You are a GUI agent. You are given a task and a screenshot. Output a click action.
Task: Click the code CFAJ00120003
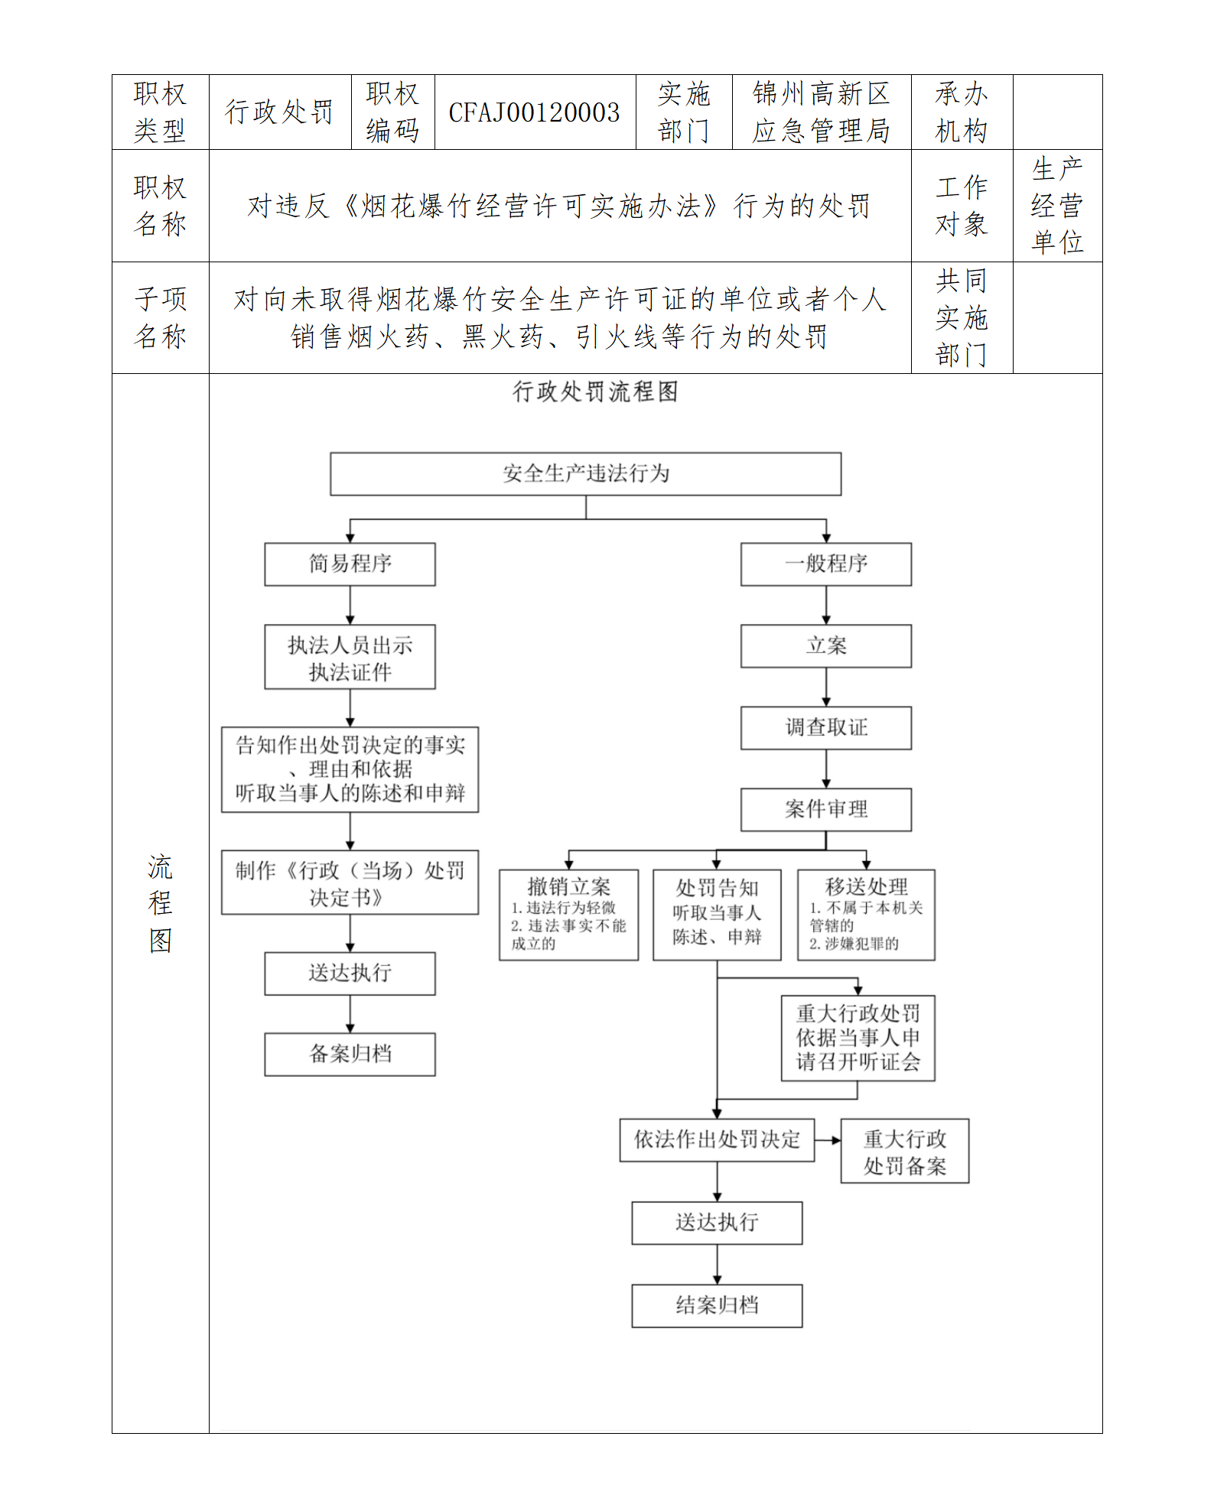pyautogui.click(x=534, y=112)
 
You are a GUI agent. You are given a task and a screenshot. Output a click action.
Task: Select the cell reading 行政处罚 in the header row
pyautogui.click(x=279, y=112)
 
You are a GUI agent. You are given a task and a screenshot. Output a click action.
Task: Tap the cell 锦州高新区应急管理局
pyautogui.click(x=821, y=112)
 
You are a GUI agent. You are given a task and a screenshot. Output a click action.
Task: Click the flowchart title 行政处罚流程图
pyautogui.click(x=595, y=392)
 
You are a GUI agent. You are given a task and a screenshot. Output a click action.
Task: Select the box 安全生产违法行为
pyautogui.click(x=585, y=473)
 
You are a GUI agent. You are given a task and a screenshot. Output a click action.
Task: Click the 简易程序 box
pyautogui.click(x=350, y=564)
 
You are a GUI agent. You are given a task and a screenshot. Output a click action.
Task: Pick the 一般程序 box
pyautogui.click(x=825, y=564)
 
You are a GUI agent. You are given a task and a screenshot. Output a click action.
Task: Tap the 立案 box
pyautogui.click(x=825, y=646)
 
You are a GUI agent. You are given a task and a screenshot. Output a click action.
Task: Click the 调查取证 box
pyautogui.click(x=825, y=728)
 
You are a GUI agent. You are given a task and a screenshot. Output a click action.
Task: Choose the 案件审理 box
pyautogui.click(x=825, y=809)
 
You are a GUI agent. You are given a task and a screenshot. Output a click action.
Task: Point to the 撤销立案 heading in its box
pyautogui.click(x=568, y=887)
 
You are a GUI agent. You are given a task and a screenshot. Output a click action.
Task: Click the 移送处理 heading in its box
pyautogui.click(x=866, y=886)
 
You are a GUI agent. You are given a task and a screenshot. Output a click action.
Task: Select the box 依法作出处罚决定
pyautogui.click(x=717, y=1140)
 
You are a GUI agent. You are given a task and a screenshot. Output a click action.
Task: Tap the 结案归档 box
pyautogui.click(x=717, y=1305)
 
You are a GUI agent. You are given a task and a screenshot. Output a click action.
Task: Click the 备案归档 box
pyautogui.click(x=350, y=1055)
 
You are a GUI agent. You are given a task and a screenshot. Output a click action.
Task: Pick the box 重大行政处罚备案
pyautogui.click(x=904, y=1152)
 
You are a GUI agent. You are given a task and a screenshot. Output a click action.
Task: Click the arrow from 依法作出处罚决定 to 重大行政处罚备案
pyautogui.click(x=828, y=1140)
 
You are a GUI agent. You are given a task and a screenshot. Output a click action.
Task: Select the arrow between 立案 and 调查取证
pyautogui.click(x=826, y=687)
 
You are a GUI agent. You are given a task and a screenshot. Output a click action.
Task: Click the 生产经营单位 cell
pyautogui.click(x=1057, y=206)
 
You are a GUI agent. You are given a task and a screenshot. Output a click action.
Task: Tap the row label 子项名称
pyautogui.click(x=160, y=317)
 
